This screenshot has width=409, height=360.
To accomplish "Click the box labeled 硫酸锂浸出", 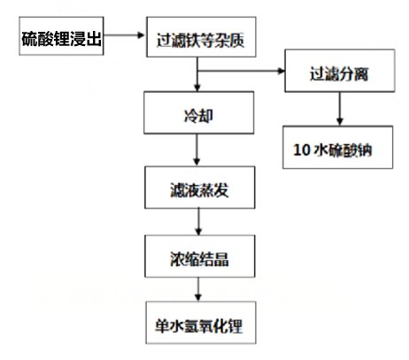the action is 61,36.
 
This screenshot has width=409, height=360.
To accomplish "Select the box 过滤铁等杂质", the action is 201,37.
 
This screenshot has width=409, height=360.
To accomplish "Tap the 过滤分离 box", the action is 340,71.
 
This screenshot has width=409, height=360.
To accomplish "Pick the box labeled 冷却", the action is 199,112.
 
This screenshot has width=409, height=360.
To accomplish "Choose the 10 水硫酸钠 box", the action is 338,147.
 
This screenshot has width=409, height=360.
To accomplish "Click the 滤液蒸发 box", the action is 200,188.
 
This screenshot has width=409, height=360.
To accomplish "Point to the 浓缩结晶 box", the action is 200,257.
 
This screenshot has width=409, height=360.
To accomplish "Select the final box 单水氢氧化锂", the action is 201,323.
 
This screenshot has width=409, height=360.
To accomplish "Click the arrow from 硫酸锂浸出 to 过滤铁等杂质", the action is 124,35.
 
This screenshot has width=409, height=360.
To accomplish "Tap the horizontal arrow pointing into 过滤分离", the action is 242,71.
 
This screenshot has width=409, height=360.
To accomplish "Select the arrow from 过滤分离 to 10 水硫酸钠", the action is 340,109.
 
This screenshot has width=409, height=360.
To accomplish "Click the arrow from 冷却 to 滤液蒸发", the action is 197,149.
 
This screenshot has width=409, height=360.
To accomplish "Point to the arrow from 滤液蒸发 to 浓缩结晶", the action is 198,222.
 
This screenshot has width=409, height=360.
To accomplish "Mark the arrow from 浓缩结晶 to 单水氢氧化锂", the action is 198,289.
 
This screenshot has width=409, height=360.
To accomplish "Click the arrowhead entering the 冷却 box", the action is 197,88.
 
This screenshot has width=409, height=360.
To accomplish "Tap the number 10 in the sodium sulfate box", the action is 301,149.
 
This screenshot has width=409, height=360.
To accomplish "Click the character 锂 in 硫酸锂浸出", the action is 62,39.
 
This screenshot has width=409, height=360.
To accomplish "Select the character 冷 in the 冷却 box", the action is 191,116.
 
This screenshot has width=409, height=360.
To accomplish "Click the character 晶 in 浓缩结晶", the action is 221,259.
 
